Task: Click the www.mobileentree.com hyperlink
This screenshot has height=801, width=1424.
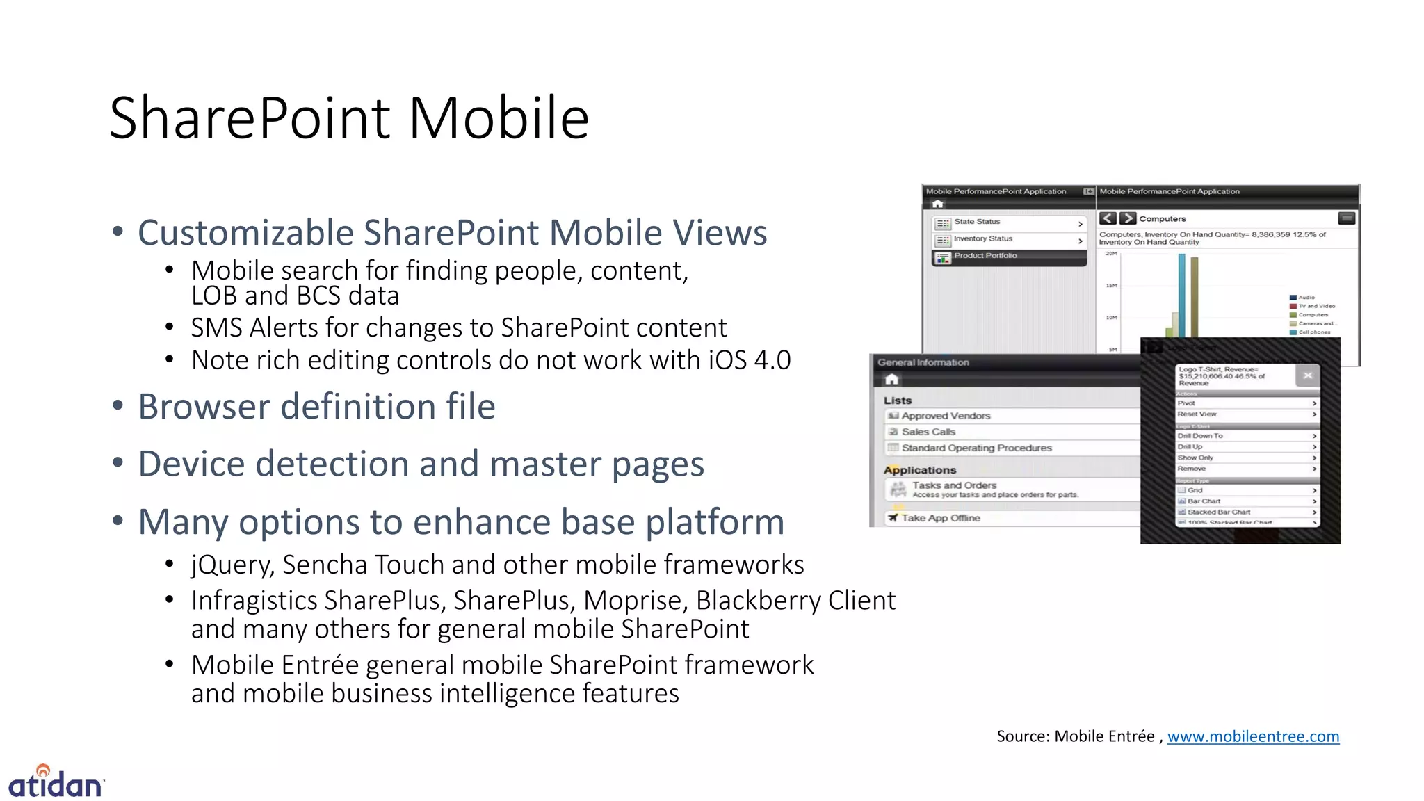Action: pyautogui.click(x=1253, y=736)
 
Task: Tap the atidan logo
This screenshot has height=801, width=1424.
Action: pyautogui.click(x=56, y=782)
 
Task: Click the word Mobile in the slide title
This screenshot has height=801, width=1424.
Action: pyautogui.click(x=499, y=118)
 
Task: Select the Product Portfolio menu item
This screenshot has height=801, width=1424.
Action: pyautogui.click(x=985, y=256)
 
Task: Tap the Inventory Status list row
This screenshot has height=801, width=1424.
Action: pyautogui.click(x=982, y=238)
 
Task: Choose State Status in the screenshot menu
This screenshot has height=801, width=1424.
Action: pyautogui.click(x=977, y=222)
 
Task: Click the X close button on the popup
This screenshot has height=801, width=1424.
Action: pyautogui.click(x=1307, y=375)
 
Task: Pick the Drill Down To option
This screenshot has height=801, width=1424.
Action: pyautogui.click(x=1200, y=436)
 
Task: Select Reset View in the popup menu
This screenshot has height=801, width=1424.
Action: pyautogui.click(x=1197, y=414)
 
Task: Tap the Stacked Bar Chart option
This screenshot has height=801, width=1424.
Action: pyautogui.click(x=1218, y=512)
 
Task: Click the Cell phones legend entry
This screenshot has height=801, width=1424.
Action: pyautogui.click(x=1314, y=332)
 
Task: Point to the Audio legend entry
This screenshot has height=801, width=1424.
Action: pyautogui.click(x=1306, y=298)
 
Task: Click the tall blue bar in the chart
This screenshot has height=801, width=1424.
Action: pyautogui.click(x=1181, y=296)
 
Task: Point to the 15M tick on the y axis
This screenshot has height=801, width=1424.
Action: pyautogui.click(x=1111, y=286)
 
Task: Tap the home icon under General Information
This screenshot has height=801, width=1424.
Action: pyautogui.click(x=892, y=380)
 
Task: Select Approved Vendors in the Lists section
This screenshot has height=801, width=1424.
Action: pyautogui.click(x=946, y=416)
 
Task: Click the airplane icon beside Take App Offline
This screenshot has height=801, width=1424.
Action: pyautogui.click(x=893, y=518)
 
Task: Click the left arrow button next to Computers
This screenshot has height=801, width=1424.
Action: pyautogui.click(x=1108, y=218)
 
